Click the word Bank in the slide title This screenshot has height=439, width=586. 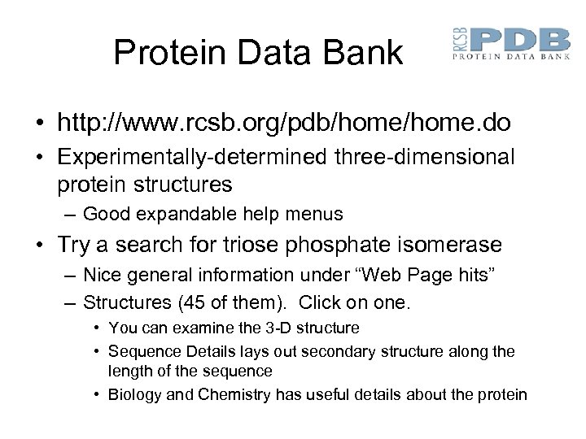click(365, 53)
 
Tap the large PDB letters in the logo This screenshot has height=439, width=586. click(521, 40)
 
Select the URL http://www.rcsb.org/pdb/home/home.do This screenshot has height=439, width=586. click(284, 124)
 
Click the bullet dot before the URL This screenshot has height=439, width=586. click(39, 124)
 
